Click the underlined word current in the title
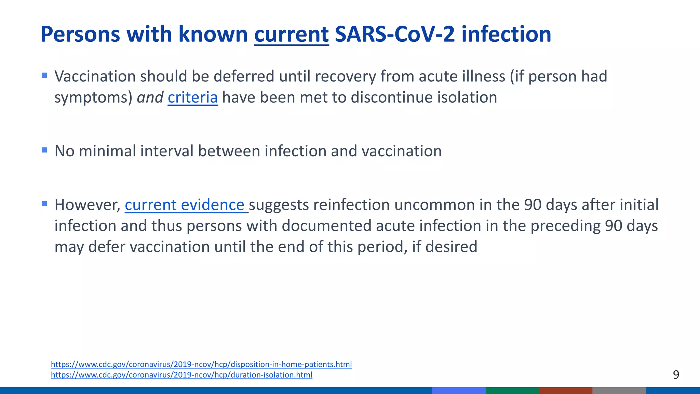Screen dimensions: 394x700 click(x=291, y=35)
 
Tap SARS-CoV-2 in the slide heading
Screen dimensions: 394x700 click(x=395, y=35)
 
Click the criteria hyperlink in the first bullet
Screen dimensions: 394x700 click(x=192, y=97)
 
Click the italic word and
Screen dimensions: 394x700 click(x=150, y=97)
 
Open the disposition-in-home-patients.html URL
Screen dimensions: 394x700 click(x=201, y=364)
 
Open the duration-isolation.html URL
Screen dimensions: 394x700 click(x=181, y=375)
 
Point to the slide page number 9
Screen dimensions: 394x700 click(x=676, y=375)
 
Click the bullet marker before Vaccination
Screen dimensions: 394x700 click(x=44, y=75)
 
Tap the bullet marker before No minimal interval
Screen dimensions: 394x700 click(x=44, y=150)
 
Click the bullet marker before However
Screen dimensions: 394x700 click(x=44, y=204)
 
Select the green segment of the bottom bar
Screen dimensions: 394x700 click(x=512, y=391)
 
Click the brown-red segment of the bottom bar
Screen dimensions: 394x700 click(x=565, y=391)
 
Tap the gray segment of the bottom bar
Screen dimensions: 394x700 click(x=619, y=391)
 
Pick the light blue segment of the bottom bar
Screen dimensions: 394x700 click(x=458, y=391)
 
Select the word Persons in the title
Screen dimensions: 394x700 click(x=80, y=35)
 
